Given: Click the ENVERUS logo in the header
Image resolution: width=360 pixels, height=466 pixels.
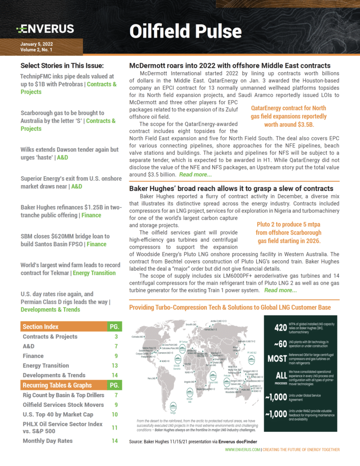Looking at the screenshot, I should pos(45,29).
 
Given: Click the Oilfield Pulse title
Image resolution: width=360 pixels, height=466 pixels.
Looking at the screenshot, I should pos(185,31).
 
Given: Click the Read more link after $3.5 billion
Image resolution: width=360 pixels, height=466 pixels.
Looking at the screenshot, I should pos(195,175).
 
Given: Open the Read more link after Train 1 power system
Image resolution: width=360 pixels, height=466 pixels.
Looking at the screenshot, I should pos(280,290).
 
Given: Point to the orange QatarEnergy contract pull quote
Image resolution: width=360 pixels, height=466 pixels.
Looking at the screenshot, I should pos(289,116).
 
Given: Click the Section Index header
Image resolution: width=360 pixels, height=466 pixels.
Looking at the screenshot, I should pos(41,327).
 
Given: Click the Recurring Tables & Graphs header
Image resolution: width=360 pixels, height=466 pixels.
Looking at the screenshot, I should pos(57,385).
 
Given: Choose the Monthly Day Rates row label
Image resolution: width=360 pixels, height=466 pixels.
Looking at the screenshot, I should pos(48,441).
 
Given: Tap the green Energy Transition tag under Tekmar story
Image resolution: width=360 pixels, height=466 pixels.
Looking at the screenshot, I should pos(94,273).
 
